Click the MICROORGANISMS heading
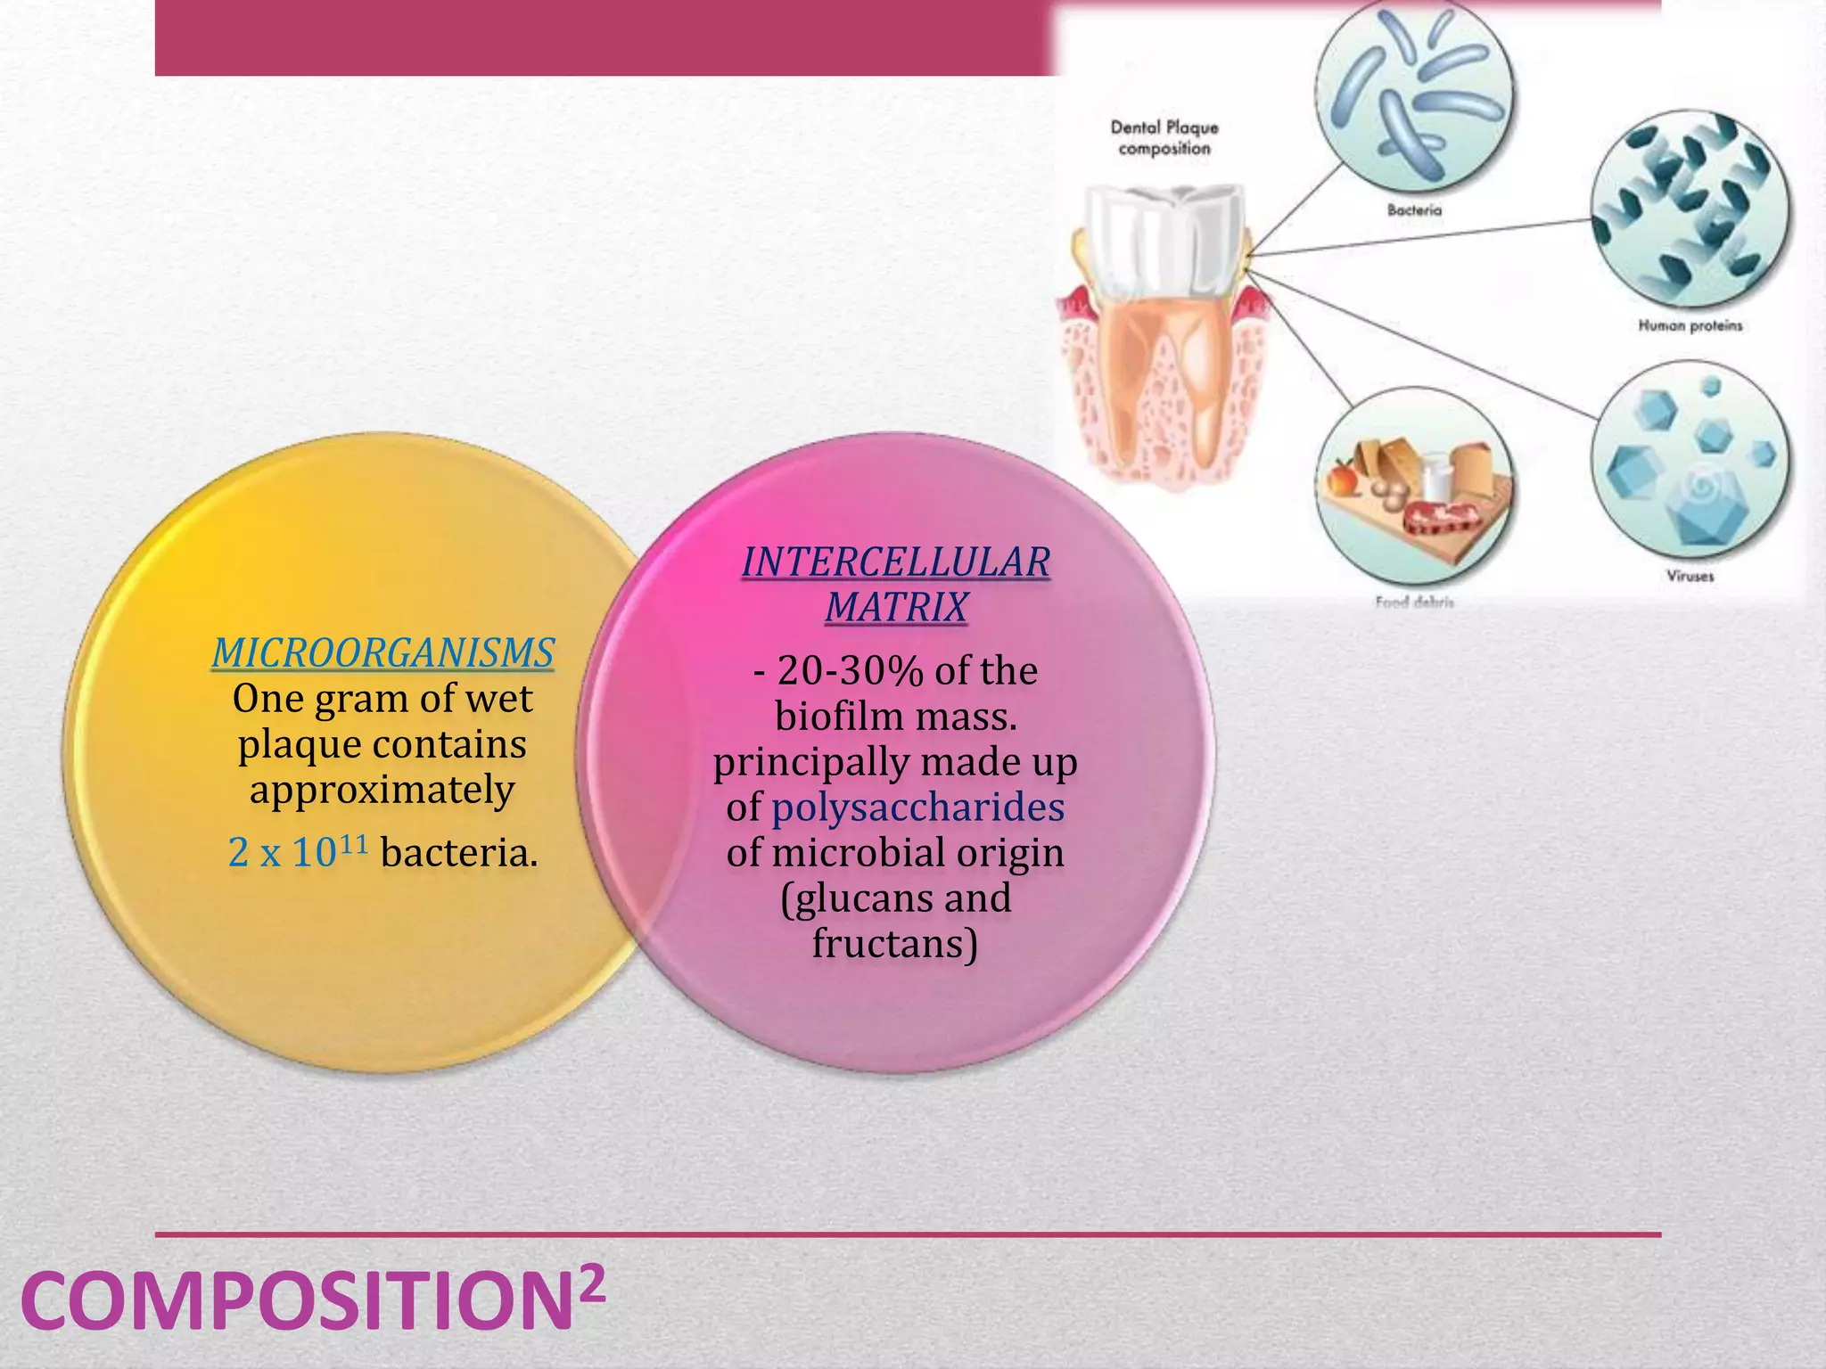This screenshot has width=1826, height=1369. [x=382, y=653]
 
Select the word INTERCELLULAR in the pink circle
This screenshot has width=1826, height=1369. [x=896, y=562]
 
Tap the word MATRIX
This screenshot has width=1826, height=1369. [x=896, y=608]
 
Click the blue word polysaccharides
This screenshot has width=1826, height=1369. [x=917, y=807]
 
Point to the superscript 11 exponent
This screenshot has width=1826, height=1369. [x=353, y=842]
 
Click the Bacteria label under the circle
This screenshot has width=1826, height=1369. [x=1414, y=210]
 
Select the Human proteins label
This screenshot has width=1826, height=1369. [x=1690, y=326]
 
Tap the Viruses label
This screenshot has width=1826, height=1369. [x=1690, y=577]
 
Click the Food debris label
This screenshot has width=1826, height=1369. [x=1414, y=603]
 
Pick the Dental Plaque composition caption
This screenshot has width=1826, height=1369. [x=1164, y=138]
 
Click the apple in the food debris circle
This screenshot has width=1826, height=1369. [x=1341, y=479]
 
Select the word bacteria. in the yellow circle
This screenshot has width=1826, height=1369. [x=459, y=853]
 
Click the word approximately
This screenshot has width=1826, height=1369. [x=382, y=790]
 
